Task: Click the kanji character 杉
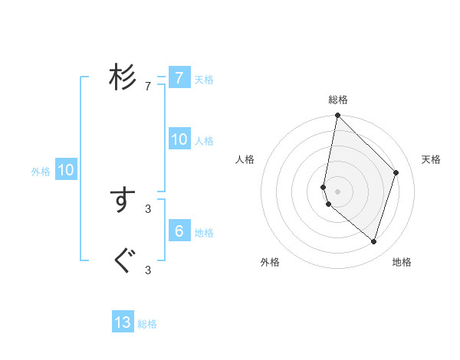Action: (x=123, y=77)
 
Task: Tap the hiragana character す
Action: (x=123, y=200)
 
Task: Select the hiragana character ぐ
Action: (x=123, y=261)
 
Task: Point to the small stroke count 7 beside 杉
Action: (x=148, y=87)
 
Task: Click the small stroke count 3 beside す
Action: (x=148, y=208)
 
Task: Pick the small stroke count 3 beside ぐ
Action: (x=148, y=270)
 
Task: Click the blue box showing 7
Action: (x=179, y=77)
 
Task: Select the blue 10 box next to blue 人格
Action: (x=179, y=139)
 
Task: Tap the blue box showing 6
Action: (x=179, y=231)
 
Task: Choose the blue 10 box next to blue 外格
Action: (x=66, y=170)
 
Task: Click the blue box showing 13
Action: (x=123, y=322)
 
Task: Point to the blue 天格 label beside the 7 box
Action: (x=204, y=79)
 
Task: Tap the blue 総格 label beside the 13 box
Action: (x=147, y=324)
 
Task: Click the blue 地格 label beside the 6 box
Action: (x=204, y=233)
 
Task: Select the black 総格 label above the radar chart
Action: (x=338, y=100)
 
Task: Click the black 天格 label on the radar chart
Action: (x=431, y=159)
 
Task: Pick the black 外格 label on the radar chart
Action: (x=270, y=262)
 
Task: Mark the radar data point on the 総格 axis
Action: (x=338, y=116)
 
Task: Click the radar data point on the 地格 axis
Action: (x=373, y=241)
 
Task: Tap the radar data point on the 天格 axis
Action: (x=396, y=172)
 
